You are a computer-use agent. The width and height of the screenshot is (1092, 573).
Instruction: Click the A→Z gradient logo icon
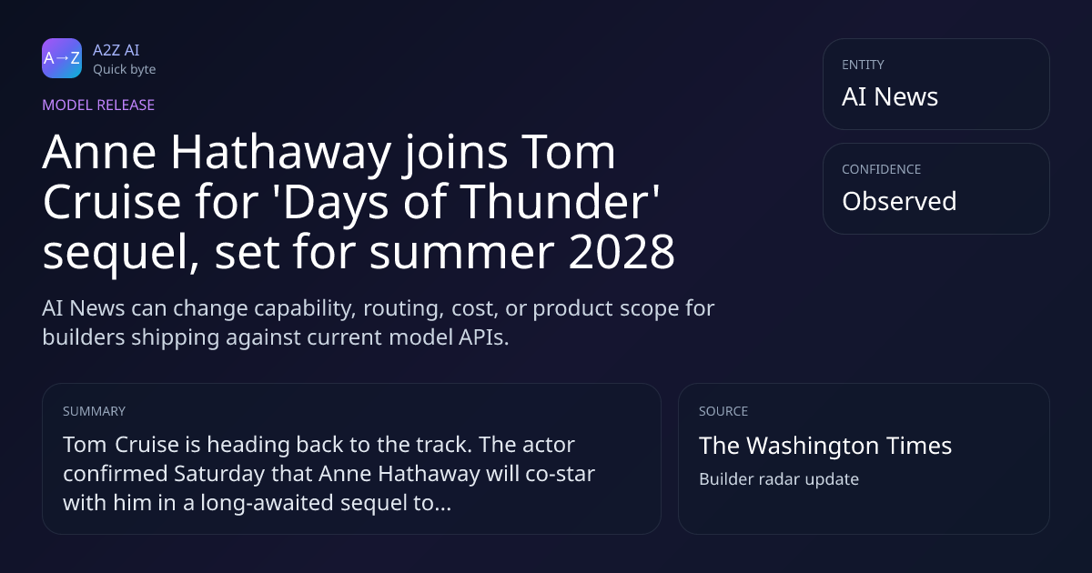tap(62, 58)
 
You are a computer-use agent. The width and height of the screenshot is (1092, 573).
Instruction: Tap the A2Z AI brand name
tap(116, 50)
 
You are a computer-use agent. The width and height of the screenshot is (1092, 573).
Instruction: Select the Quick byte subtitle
tap(125, 70)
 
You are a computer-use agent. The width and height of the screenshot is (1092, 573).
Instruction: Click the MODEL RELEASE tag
tap(98, 105)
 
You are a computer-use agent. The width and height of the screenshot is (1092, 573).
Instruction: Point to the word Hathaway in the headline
tap(280, 152)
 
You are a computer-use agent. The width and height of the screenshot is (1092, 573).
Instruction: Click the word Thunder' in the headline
tap(560, 201)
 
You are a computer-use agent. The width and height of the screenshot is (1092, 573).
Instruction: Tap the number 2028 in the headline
tap(622, 251)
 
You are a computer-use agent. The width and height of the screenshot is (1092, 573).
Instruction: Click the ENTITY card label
tap(863, 65)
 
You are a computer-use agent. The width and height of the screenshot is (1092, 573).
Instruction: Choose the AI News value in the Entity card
tap(890, 96)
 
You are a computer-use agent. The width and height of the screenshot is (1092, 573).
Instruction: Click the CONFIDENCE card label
tap(882, 169)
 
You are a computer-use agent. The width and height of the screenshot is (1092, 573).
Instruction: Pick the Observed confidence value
tap(899, 201)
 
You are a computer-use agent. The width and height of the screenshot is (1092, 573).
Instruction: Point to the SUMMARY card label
tap(94, 411)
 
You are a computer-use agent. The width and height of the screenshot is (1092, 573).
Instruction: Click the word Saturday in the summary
tap(219, 474)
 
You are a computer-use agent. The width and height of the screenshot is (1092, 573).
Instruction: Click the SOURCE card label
tap(723, 411)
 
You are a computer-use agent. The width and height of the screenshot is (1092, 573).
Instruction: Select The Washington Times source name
tap(825, 446)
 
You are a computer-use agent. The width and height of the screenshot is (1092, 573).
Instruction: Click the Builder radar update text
tap(779, 479)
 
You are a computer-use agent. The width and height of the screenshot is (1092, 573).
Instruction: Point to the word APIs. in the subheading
tap(483, 337)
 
